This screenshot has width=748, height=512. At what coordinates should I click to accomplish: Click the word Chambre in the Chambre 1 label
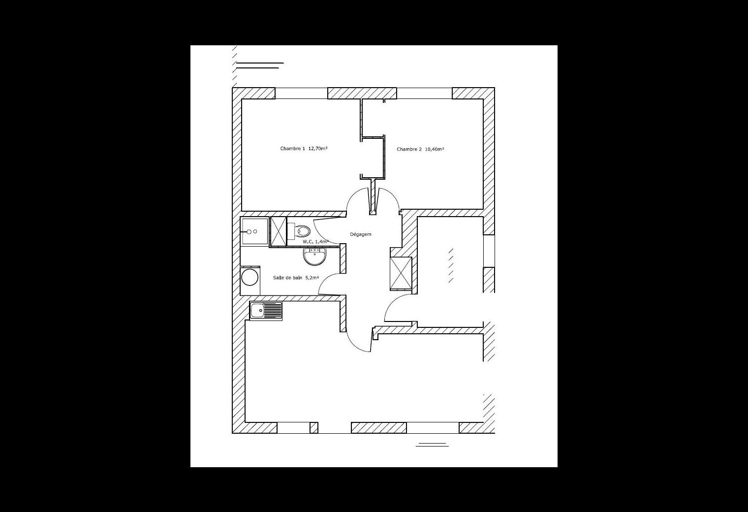pos(290,149)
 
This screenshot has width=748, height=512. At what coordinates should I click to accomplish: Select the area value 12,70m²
pos(317,149)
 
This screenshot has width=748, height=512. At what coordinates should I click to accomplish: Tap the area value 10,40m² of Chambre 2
pos(434,149)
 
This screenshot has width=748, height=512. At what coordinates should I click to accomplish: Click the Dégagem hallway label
pos(361,234)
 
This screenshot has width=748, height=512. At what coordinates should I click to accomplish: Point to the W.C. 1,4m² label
pos(315,241)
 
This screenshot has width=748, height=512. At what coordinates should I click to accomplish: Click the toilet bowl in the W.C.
pos(303,231)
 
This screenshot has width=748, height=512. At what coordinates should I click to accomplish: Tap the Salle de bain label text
pos(287,278)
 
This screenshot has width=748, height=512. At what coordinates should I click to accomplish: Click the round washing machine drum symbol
pos(250,277)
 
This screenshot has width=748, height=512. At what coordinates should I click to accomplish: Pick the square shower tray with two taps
pos(254,231)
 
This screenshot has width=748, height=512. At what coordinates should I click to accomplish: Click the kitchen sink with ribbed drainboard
pos(266,311)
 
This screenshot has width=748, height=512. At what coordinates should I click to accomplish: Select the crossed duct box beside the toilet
pos(279,231)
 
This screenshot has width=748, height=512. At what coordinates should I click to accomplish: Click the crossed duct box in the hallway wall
pos(401,273)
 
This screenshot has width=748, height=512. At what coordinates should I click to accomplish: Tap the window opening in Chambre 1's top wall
pos(301,93)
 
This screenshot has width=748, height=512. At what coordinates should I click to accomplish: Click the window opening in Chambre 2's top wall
pos(424,93)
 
